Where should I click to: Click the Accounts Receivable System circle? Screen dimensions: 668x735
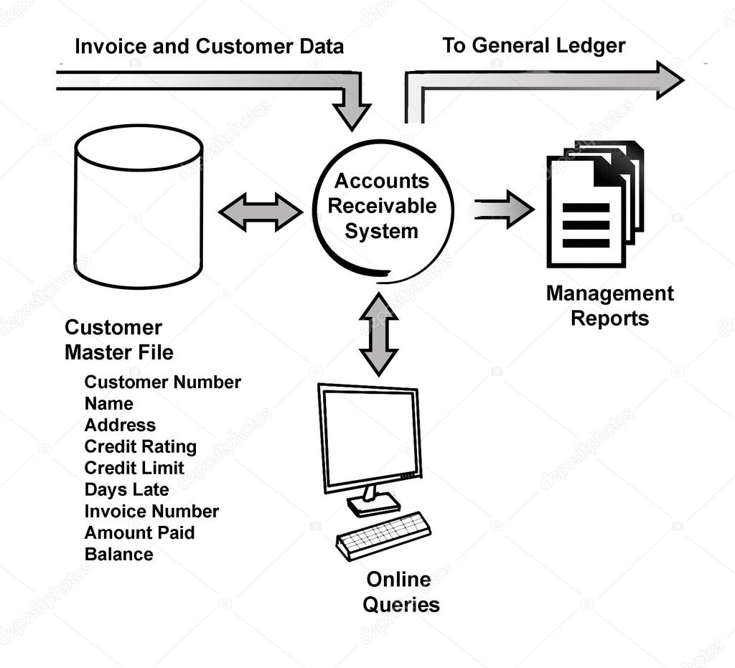382,207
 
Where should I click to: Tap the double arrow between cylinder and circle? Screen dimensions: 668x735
260,212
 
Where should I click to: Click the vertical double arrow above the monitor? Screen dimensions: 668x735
378,334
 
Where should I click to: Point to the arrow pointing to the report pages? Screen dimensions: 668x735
505,210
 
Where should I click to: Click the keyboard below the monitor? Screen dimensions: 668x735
383,535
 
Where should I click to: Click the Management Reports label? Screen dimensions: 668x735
609,306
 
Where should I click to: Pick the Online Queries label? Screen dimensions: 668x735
401,592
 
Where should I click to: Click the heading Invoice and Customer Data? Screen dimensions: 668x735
209,47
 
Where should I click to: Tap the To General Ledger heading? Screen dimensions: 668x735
533,46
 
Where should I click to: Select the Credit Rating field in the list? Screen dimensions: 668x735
140,446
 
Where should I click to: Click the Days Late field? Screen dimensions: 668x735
126,489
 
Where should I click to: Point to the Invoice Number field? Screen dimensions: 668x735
151,511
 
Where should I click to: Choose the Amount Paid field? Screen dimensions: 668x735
139,532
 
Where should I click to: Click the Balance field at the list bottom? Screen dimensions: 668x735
118,554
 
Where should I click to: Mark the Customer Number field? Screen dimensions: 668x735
162,382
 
